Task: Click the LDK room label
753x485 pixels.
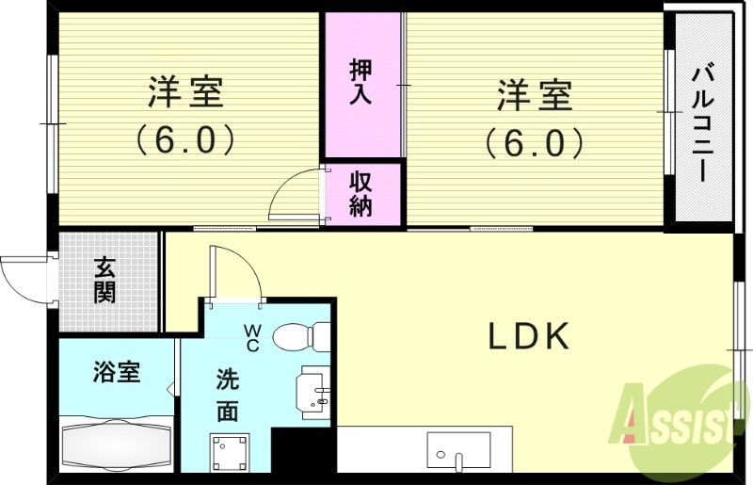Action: (x=528, y=336)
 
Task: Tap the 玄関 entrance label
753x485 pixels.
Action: (x=104, y=280)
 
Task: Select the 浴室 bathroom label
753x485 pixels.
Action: (x=117, y=372)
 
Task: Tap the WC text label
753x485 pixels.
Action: (x=253, y=337)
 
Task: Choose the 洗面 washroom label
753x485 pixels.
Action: (x=227, y=396)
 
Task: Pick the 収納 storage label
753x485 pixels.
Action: (x=361, y=193)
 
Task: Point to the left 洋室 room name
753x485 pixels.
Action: (x=184, y=94)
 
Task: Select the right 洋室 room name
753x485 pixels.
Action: (x=534, y=94)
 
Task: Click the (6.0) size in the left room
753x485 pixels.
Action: (x=184, y=141)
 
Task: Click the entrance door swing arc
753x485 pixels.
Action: (x=21, y=276)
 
